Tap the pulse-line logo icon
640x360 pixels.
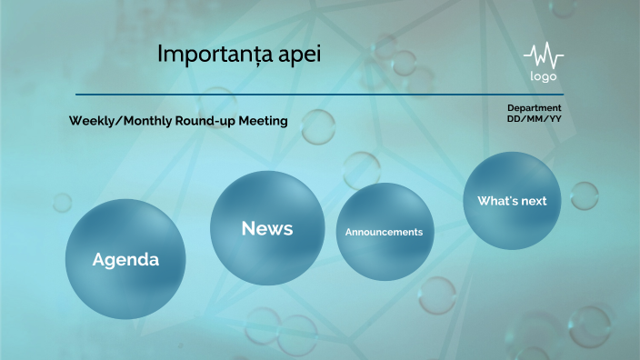544,54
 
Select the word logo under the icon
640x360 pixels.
544,76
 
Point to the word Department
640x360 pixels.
534,108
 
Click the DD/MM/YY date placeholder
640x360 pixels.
534,119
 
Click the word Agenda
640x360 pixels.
125,260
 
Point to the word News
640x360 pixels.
267,229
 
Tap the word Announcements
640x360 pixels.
384,233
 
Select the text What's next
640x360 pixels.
512,201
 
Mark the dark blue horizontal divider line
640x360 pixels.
318,95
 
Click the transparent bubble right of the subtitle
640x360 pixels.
318,126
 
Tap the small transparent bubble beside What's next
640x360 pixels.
584,195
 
